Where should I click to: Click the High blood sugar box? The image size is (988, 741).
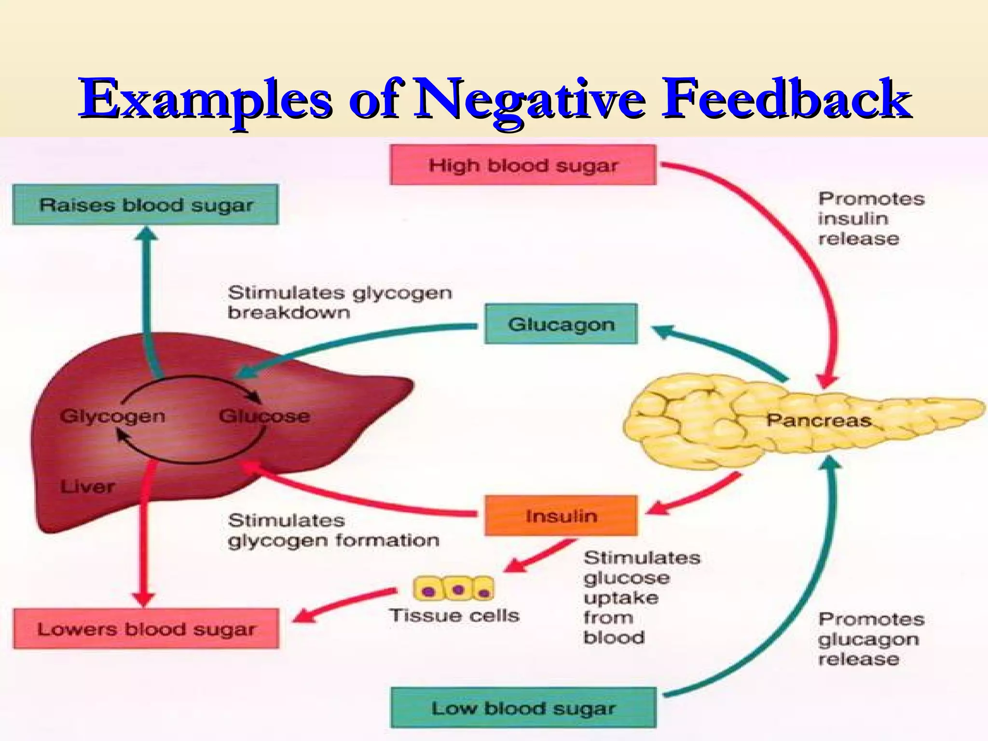click(x=523, y=165)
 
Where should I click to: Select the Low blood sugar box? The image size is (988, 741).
click(x=523, y=708)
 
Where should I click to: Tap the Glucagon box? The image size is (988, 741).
click(x=561, y=324)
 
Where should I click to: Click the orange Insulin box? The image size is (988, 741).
click(x=561, y=516)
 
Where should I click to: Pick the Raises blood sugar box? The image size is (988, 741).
click(x=145, y=205)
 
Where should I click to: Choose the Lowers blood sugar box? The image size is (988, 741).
click(x=146, y=629)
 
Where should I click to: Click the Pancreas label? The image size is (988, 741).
click(x=819, y=420)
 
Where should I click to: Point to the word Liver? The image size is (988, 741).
click(x=87, y=486)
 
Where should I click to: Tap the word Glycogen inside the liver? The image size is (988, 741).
click(x=112, y=416)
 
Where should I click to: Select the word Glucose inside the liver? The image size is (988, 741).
click(x=264, y=416)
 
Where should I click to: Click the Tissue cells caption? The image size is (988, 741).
click(x=454, y=615)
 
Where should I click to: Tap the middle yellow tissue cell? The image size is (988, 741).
click(x=458, y=589)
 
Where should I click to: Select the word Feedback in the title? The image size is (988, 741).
click(x=786, y=99)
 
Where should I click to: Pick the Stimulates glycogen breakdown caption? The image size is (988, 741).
click(x=339, y=302)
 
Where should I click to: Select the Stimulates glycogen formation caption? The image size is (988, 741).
click(x=333, y=530)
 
